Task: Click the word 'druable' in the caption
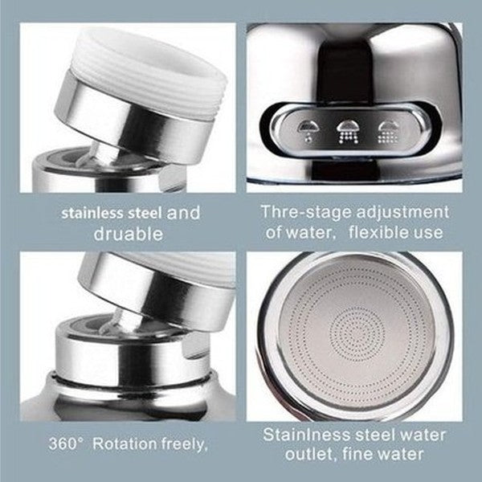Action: click(129, 234)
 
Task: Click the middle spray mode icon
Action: click(349, 130)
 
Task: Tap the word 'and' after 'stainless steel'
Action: click(184, 213)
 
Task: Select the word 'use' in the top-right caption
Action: click(428, 233)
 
